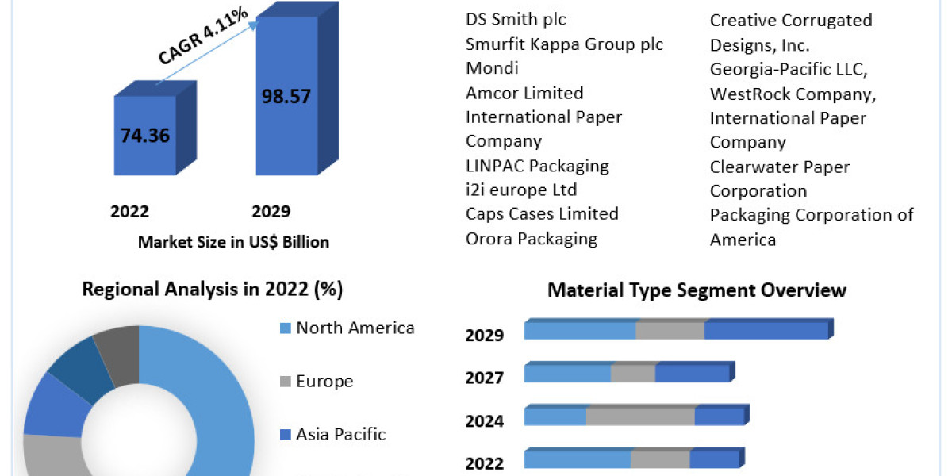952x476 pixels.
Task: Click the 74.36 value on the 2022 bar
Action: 145,134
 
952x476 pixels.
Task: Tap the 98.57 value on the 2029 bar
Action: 286,96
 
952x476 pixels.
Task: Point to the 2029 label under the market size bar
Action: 271,211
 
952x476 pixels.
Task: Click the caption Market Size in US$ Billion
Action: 233,242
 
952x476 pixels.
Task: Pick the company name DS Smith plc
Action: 516,20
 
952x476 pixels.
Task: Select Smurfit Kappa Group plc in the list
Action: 564,44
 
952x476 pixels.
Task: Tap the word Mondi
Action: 492,68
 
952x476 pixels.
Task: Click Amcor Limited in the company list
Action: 524,93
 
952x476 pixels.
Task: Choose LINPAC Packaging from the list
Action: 537,166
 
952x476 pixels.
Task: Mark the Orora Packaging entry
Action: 532,238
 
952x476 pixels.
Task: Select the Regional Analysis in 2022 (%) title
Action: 213,290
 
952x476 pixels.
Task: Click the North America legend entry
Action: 355,328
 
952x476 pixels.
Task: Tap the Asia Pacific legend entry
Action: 340,434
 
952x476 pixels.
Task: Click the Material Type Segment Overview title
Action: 697,290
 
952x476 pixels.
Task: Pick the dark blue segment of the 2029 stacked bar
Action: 766,331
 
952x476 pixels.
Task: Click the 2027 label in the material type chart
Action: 484,378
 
